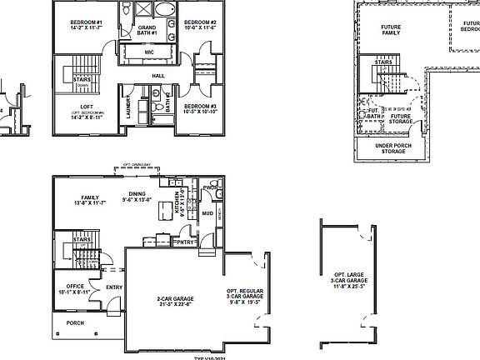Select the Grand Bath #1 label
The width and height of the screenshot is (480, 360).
point(147,32)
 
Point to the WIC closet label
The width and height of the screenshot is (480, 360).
point(148,52)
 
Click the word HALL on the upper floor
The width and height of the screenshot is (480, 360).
point(158,76)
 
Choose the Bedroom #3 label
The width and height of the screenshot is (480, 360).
point(200,108)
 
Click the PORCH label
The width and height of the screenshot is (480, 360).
point(75,324)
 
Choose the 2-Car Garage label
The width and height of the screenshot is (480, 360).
point(173,301)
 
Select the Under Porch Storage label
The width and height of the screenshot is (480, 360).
point(392,148)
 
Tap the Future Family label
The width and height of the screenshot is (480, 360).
point(391,31)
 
